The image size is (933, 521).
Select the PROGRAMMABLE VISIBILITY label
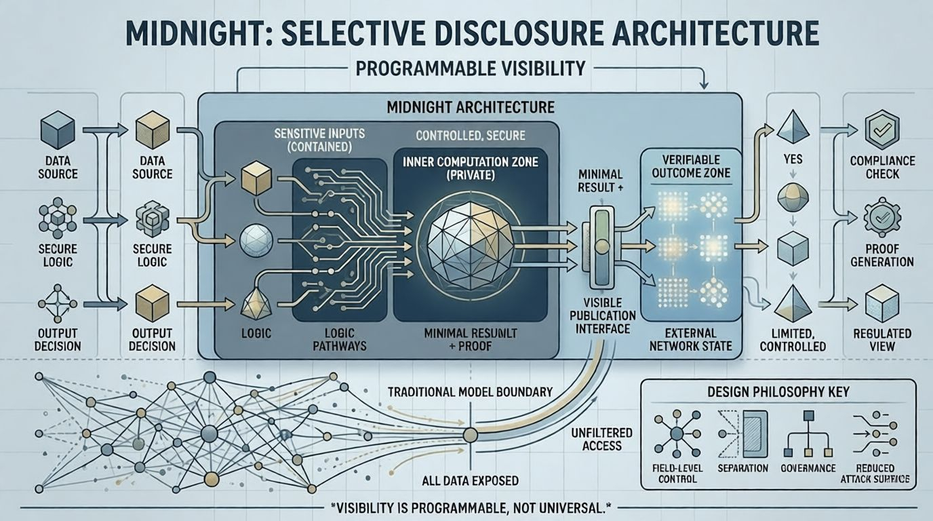click(x=466, y=68)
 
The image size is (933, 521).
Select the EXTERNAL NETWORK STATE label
click(x=691, y=339)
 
